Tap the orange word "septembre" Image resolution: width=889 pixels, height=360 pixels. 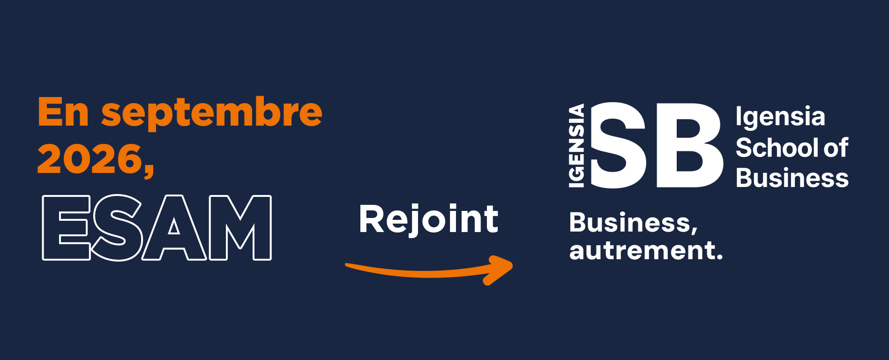(x=212, y=114)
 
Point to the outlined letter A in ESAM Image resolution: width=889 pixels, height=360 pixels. (x=174, y=227)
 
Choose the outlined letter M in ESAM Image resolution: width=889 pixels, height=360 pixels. (x=240, y=227)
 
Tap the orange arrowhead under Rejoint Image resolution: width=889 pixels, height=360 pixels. (x=498, y=270)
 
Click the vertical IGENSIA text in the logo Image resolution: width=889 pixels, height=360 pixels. (x=576, y=146)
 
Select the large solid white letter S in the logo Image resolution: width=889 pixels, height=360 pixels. (x=618, y=145)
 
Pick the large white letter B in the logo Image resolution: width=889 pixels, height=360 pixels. (x=689, y=145)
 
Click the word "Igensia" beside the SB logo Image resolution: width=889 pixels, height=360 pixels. (x=780, y=117)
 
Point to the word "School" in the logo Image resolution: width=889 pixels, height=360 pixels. (x=777, y=148)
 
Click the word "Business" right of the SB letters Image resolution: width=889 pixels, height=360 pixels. (x=792, y=178)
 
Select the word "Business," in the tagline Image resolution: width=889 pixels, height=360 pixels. (x=633, y=223)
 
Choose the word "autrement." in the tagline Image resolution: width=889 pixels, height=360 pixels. (x=646, y=250)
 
